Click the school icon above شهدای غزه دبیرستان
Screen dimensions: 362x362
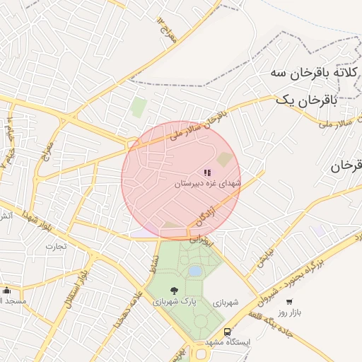point(207,172)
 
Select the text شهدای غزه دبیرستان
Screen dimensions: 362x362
point(208,183)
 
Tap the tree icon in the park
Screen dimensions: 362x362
point(174,290)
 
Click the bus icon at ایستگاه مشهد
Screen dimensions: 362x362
point(228,331)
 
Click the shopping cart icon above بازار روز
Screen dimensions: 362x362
point(289,301)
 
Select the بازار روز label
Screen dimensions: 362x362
point(289,312)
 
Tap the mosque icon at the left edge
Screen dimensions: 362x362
point(7,290)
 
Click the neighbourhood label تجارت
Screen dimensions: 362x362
point(55,247)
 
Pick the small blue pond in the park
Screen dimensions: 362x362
point(195,271)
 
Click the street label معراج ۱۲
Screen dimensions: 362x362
point(167,29)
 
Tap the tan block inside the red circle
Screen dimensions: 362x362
point(224,159)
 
